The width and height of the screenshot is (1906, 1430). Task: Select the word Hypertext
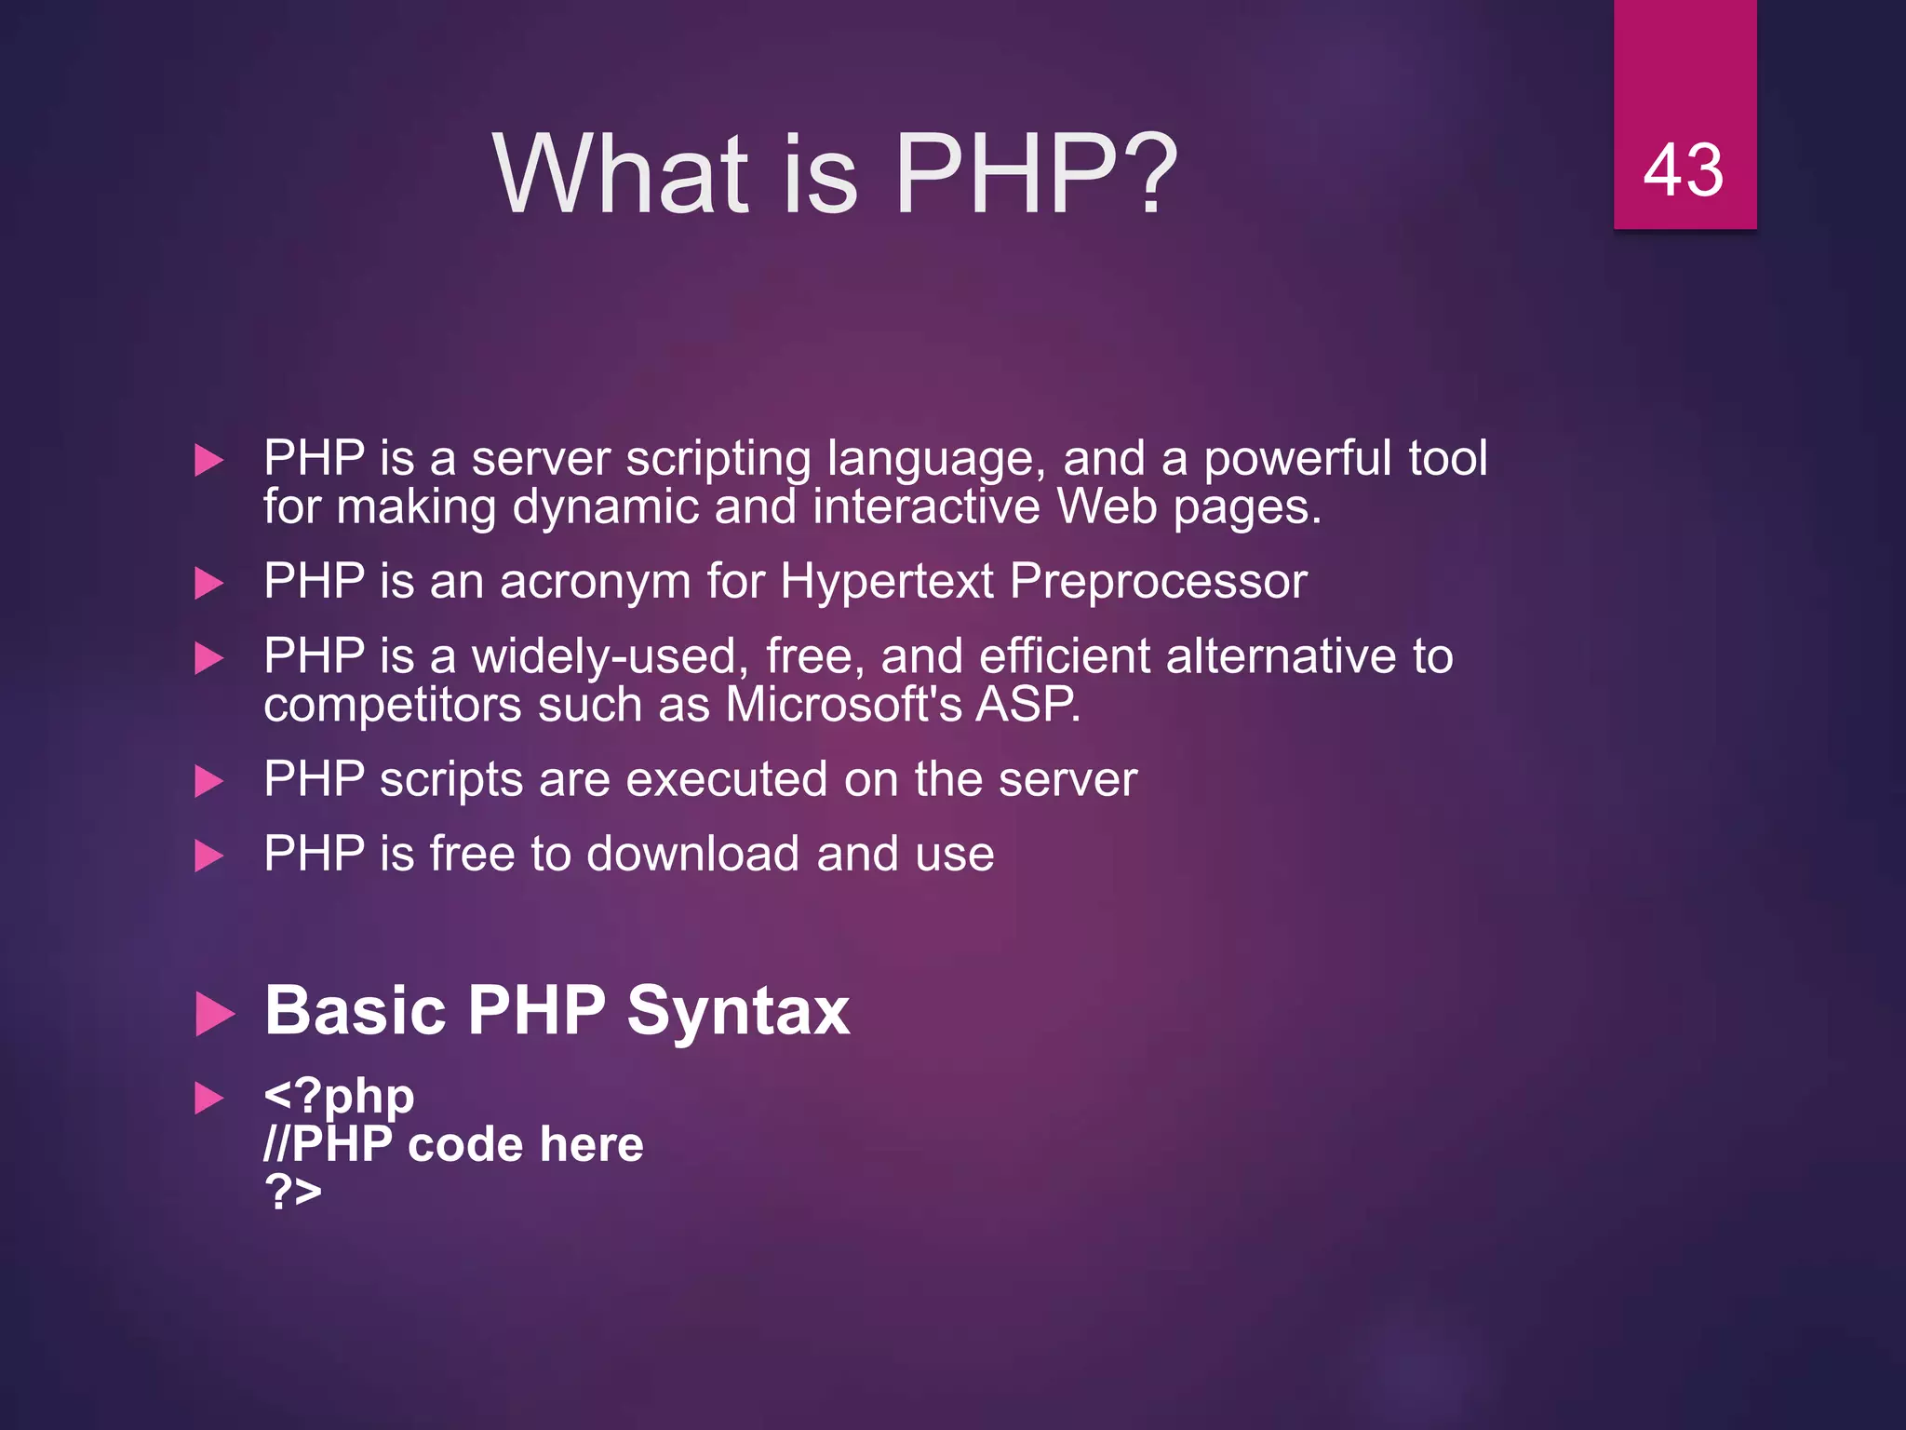pyautogui.click(x=887, y=582)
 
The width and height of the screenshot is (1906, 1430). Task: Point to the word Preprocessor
pyautogui.click(x=1158, y=582)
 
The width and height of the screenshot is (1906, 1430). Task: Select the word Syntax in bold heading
pyautogui.click(x=737, y=1011)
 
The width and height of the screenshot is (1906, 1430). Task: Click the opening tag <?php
pyautogui.click(x=339, y=1097)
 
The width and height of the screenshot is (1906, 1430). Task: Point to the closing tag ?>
pyautogui.click(x=292, y=1191)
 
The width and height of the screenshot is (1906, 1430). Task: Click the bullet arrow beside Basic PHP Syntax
pyautogui.click(x=215, y=1015)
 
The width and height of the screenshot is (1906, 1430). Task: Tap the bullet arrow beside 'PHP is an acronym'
pyautogui.click(x=209, y=584)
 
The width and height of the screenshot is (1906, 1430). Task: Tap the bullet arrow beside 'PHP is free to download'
pyautogui.click(x=209, y=856)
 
